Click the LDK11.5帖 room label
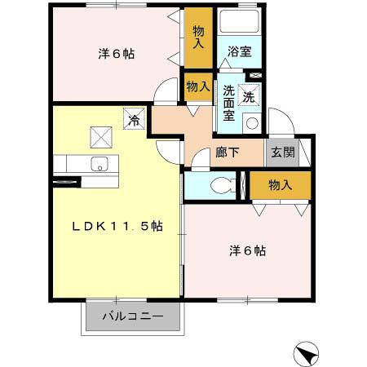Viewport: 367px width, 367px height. pos(118,227)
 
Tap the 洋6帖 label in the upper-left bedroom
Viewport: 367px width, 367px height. pos(117,54)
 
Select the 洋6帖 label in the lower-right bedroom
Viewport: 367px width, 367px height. pos(247,250)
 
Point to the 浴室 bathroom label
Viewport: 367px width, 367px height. pos(239,51)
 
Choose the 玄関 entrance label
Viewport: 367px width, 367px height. pos(283,152)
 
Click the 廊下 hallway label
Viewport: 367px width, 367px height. pos(228,152)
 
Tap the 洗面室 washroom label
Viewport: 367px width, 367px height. pos(229,103)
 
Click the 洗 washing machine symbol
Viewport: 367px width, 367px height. pos(250,94)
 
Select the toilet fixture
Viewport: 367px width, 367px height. pos(220,185)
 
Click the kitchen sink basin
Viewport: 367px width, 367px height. pos(100,161)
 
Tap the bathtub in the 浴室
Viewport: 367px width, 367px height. pos(239,23)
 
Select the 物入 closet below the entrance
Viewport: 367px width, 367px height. pos(280,186)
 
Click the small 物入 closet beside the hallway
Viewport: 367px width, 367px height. pos(198,85)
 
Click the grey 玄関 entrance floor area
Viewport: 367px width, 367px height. pos(282,153)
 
